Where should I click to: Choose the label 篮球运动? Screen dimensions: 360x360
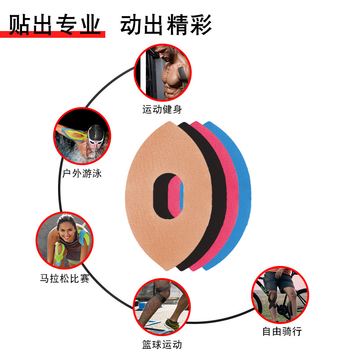pos(162,345)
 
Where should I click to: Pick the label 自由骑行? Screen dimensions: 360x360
pos(282,332)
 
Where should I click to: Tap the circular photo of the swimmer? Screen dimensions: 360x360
pos(82,135)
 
